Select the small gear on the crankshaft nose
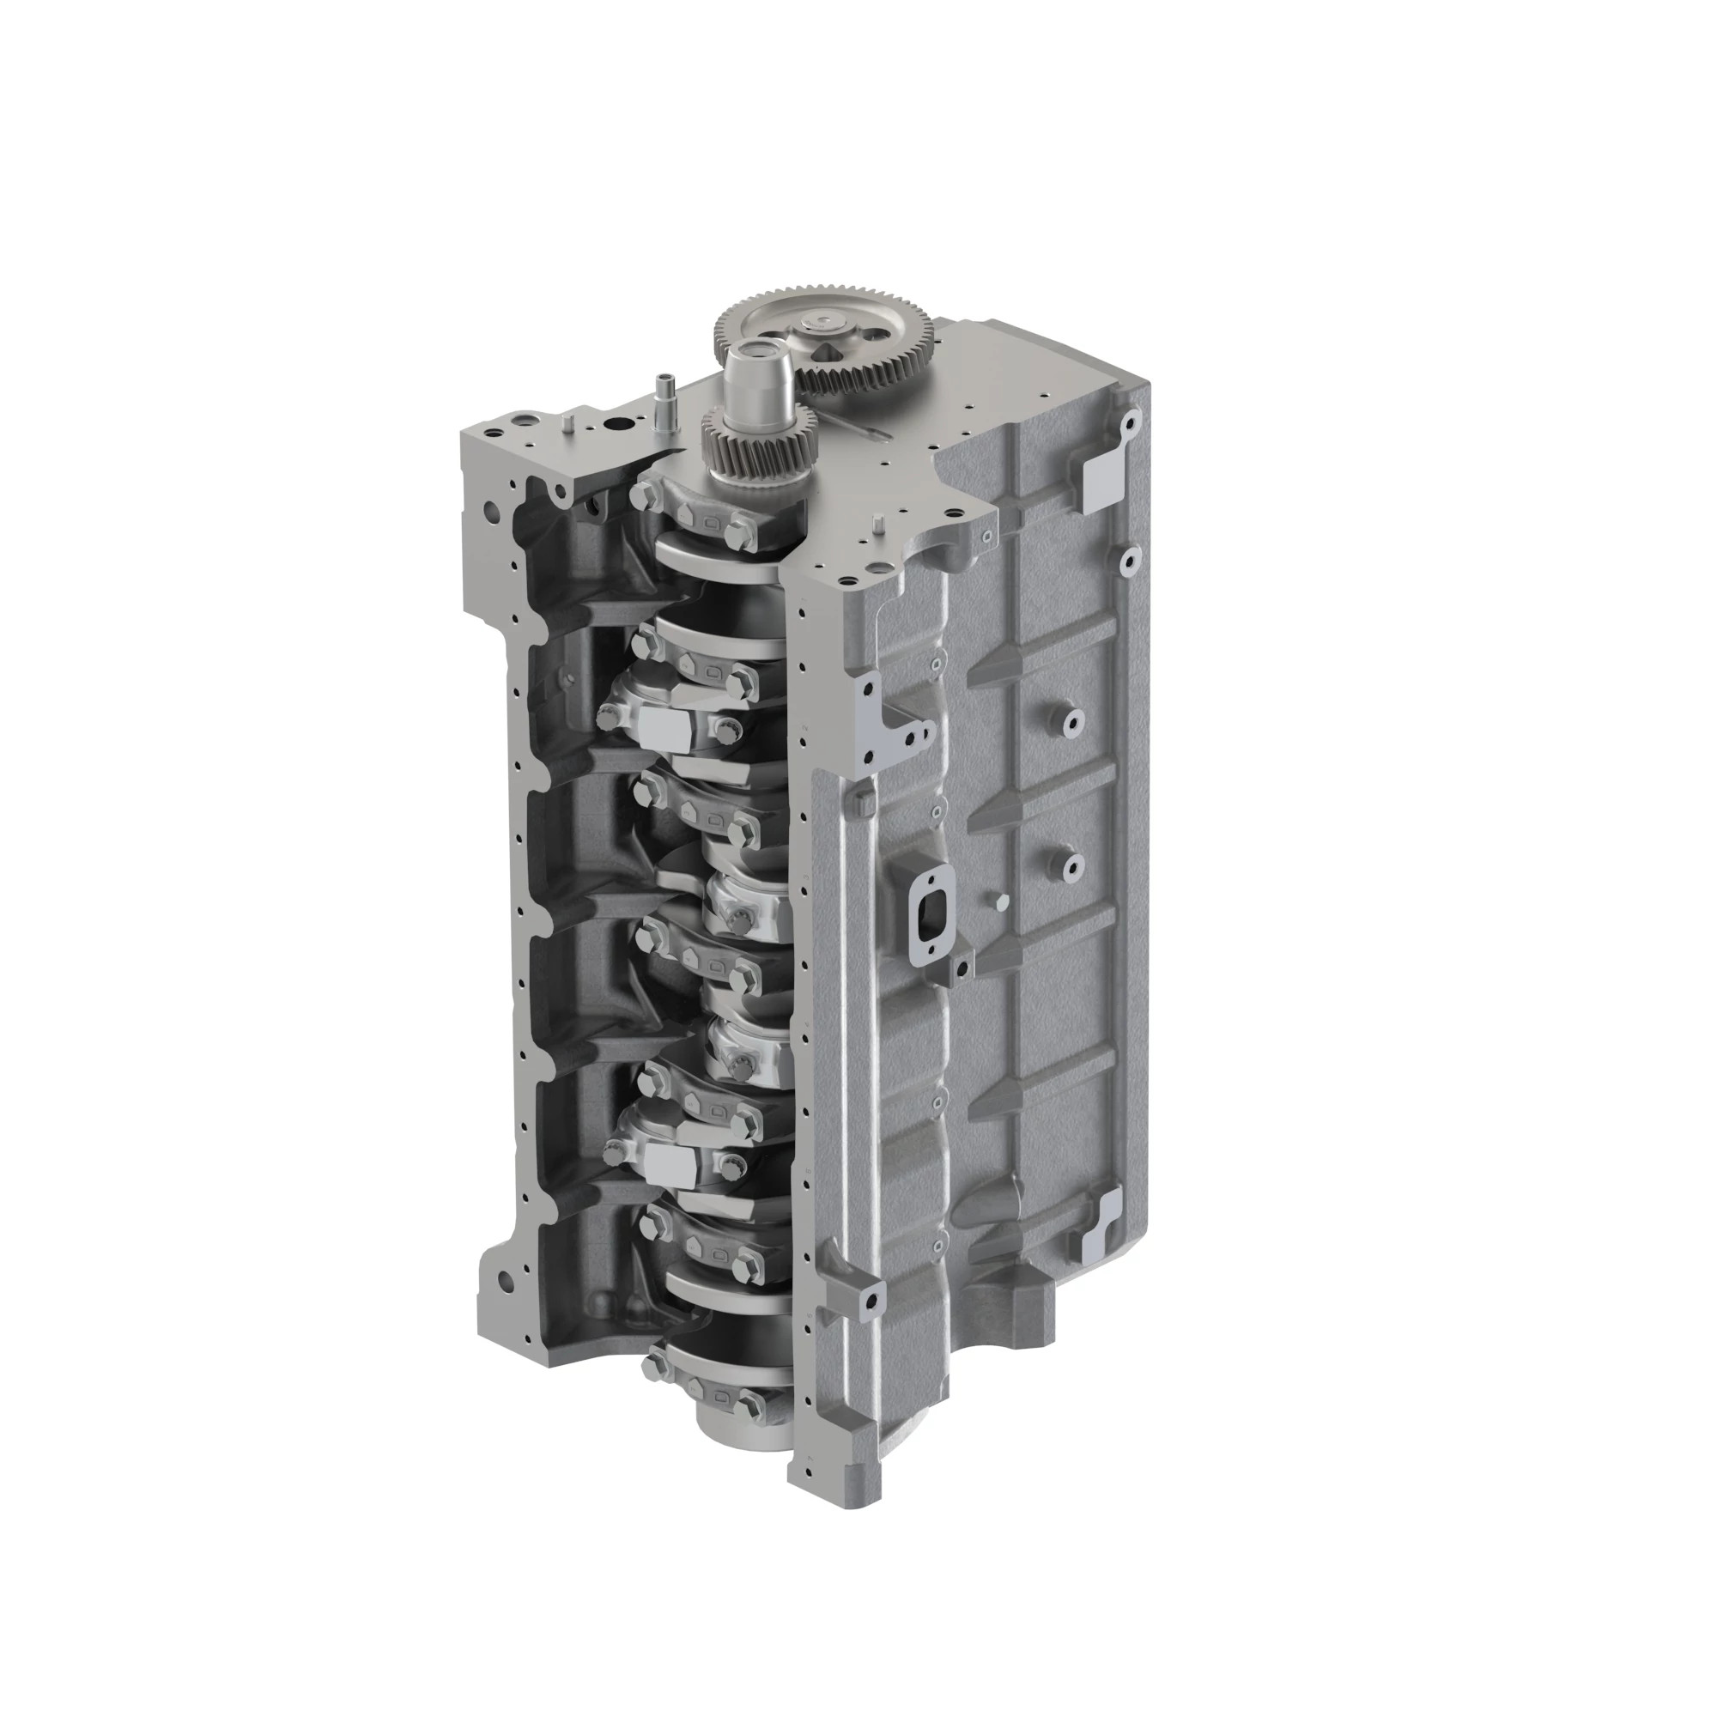coord(758,436)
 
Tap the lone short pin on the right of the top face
coord(877,522)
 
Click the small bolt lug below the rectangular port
coord(961,968)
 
